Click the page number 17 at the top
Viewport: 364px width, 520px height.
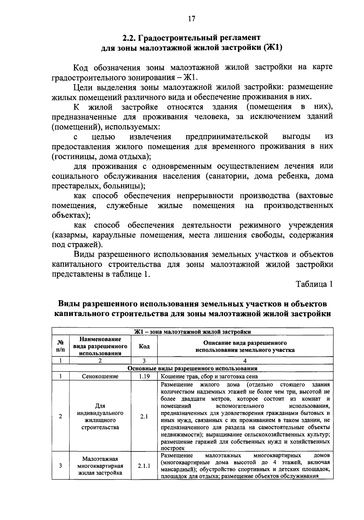[x=191, y=19]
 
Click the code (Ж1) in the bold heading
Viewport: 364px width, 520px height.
[x=272, y=48]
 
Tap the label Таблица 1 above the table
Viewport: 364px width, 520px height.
[x=315, y=284]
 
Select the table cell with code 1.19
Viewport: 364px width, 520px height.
[x=144, y=376]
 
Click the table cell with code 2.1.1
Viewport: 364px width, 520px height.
[x=144, y=465]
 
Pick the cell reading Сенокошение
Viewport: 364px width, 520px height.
[x=100, y=376]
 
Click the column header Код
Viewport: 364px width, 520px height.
[x=144, y=347]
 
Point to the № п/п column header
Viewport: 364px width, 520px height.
[x=61, y=347]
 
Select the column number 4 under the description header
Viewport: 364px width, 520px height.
[x=245, y=361]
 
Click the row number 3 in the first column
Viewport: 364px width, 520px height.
[x=61, y=465]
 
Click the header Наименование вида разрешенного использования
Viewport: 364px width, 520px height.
[x=100, y=346]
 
